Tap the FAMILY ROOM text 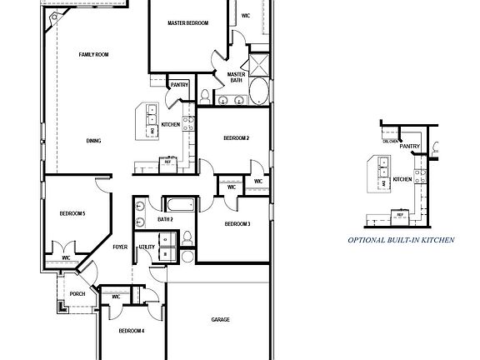[93, 55]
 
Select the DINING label [93, 141]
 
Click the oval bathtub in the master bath [259, 92]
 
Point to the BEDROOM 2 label [237, 137]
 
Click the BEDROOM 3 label [237, 223]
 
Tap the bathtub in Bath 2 [179, 205]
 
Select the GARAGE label [220, 319]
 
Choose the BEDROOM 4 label [131, 331]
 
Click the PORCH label [77, 293]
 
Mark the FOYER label [121, 247]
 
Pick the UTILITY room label [147, 247]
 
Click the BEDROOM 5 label [72, 214]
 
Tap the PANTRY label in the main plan [179, 85]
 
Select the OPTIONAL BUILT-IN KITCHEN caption [401, 239]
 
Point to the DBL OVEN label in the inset [389, 141]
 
